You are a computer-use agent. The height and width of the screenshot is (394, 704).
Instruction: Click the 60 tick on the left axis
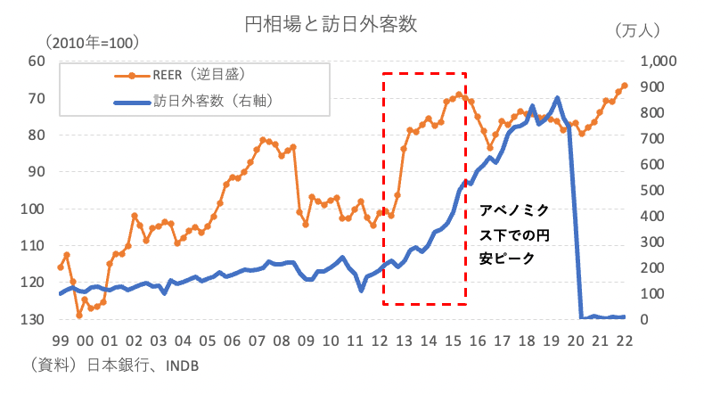click(37, 61)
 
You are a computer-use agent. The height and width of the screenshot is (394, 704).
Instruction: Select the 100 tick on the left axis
click(33, 209)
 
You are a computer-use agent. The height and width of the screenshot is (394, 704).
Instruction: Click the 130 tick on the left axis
click(33, 319)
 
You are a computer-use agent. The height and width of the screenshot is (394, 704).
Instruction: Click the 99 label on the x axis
click(60, 340)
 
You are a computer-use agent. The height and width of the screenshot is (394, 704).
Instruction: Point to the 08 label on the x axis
click(282, 340)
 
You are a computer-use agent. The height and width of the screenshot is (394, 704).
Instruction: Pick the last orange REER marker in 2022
click(625, 86)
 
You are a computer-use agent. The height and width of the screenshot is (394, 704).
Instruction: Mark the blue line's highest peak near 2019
click(557, 98)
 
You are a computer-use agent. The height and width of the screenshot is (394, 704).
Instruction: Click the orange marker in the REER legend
click(134, 75)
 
